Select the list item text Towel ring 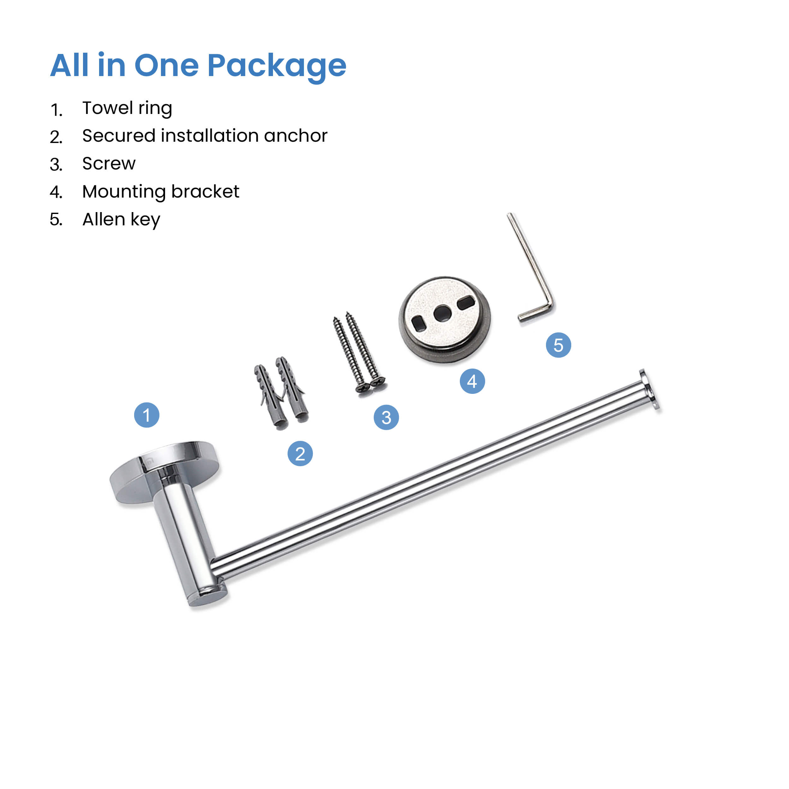pyautogui.click(x=127, y=109)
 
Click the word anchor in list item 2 pyautogui.click(x=296, y=136)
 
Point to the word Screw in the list pyautogui.click(x=109, y=163)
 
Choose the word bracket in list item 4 pyautogui.click(x=205, y=191)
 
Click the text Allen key pyautogui.click(x=121, y=220)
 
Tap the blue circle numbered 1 pyautogui.click(x=147, y=415)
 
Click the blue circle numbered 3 pyautogui.click(x=386, y=417)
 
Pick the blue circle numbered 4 pyautogui.click(x=472, y=381)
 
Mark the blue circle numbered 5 pyautogui.click(x=559, y=345)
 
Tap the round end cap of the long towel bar pyautogui.click(x=649, y=389)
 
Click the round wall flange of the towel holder pyautogui.click(x=164, y=472)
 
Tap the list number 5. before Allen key pyautogui.click(x=56, y=220)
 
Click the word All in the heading pyautogui.click(x=69, y=65)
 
